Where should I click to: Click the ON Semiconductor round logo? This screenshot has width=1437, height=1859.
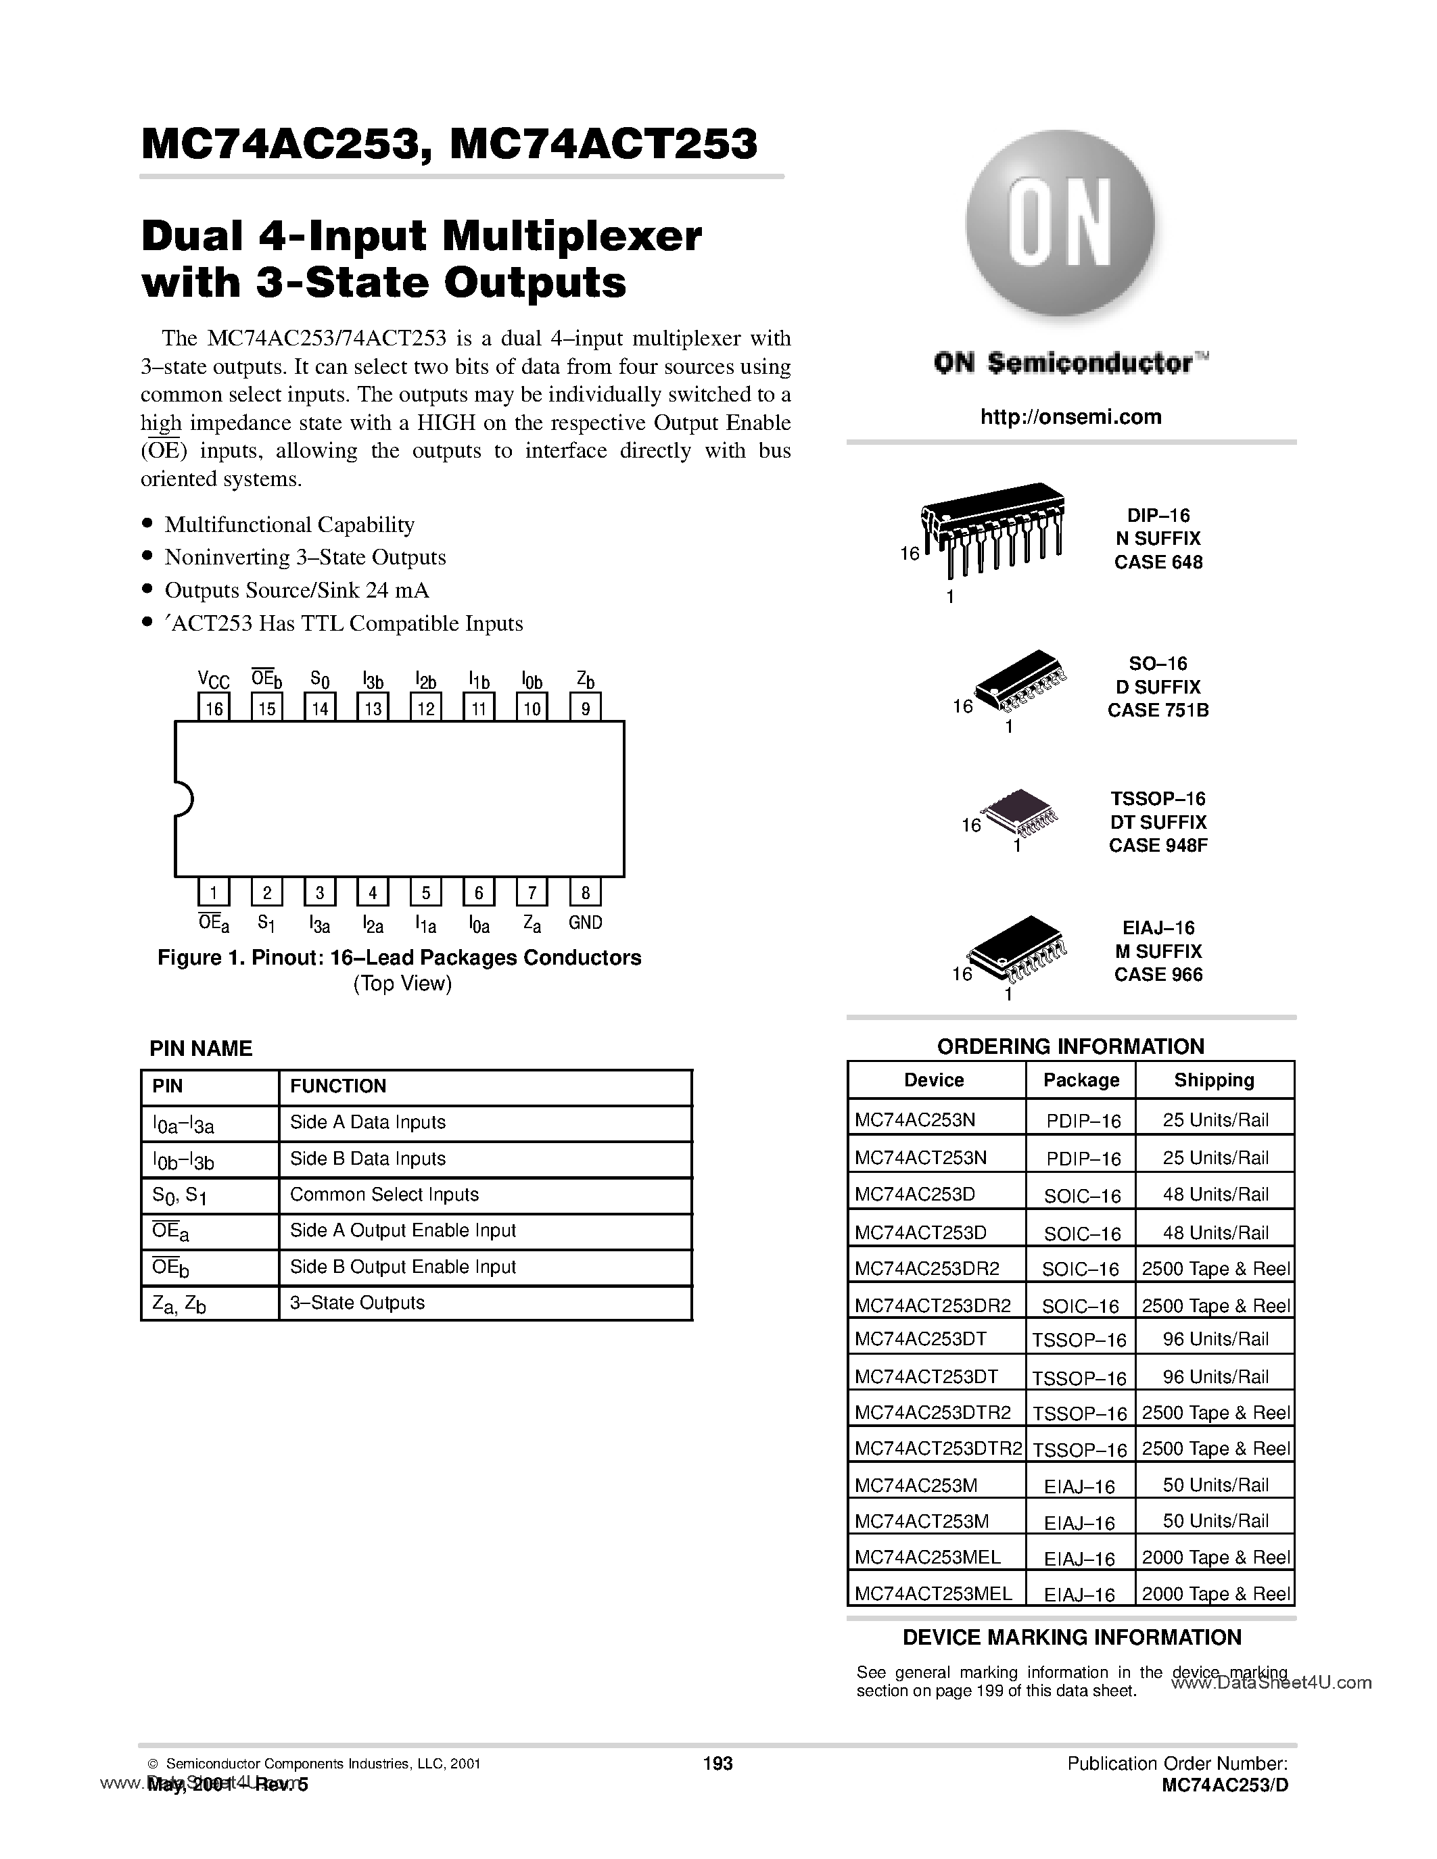tap(1060, 223)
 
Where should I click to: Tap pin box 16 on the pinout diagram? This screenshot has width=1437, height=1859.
tap(214, 707)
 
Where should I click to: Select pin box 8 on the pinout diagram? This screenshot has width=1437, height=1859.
tap(586, 892)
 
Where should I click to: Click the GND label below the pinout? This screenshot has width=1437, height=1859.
tap(586, 922)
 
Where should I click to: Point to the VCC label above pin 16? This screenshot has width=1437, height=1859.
tap(214, 679)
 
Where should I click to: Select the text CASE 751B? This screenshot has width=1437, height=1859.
tap(1158, 710)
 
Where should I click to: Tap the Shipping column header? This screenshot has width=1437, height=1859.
tap(1214, 1080)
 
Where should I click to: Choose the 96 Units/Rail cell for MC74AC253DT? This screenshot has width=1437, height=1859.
tap(1215, 1339)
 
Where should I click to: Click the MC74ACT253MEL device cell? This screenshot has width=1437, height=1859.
tap(934, 1593)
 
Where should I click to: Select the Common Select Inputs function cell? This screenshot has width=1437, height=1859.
tap(385, 1194)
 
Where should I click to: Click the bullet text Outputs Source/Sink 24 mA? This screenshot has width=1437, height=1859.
tap(296, 590)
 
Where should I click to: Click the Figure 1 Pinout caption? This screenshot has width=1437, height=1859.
tap(399, 958)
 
